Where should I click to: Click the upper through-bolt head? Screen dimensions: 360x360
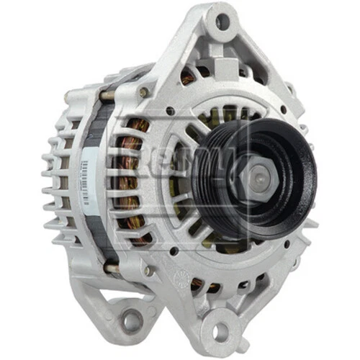pyautogui.click(x=145, y=91)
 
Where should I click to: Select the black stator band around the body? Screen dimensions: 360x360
pyautogui.click(x=101, y=180)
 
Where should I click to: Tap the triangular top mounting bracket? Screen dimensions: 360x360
pyautogui.click(x=223, y=50)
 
